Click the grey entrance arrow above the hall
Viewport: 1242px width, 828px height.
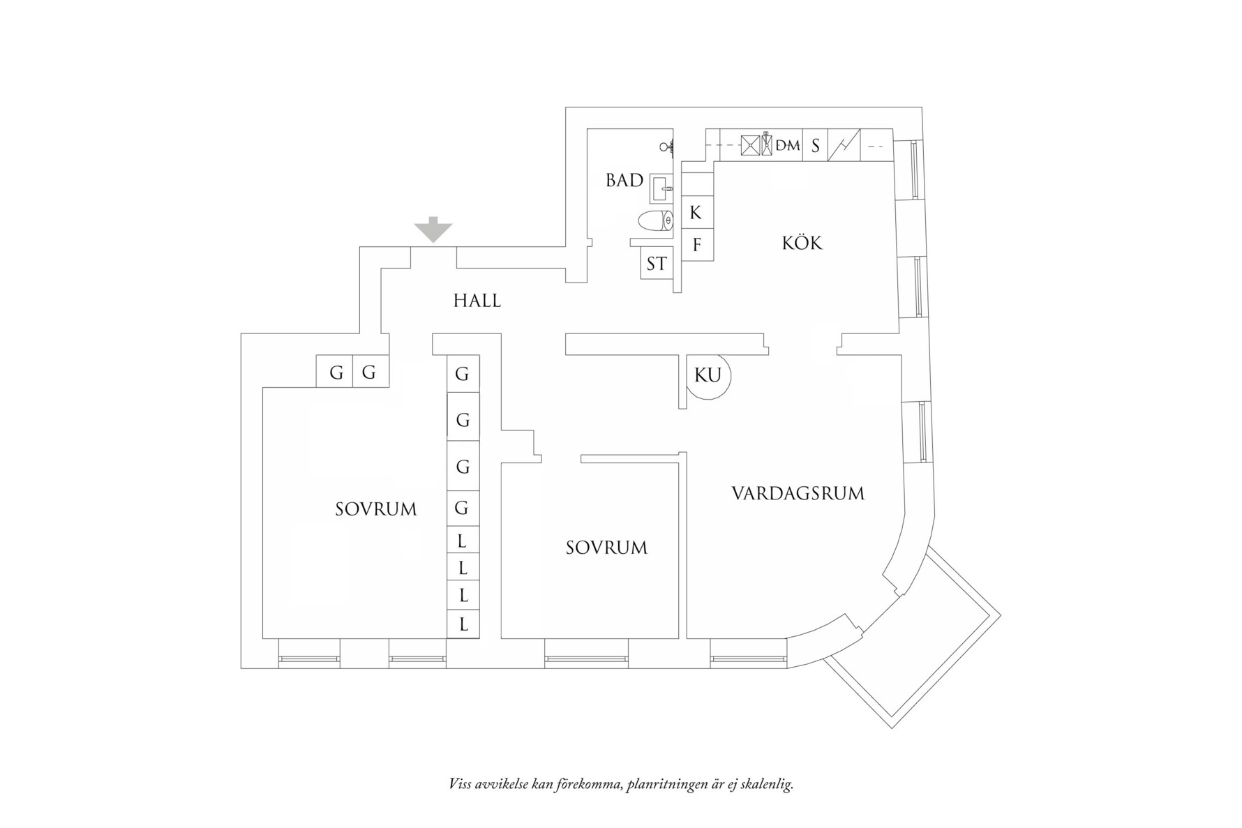tap(433, 229)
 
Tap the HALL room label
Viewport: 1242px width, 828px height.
tap(477, 301)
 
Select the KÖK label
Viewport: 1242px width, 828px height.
tap(802, 243)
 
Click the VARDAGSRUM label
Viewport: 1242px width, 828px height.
tap(798, 494)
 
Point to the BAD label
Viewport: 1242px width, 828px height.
tap(624, 181)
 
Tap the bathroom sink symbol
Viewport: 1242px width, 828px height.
tap(662, 188)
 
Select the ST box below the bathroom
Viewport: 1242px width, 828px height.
tap(656, 264)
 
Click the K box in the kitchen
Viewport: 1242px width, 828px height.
tap(696, 213)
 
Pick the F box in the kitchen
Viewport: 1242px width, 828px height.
tap(696, 245)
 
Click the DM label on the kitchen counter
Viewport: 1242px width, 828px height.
tap(788, 146)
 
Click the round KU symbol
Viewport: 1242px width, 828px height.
tap(708, 375)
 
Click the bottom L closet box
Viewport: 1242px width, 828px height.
tap(463, 624)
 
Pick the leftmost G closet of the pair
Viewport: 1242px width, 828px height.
tap(336, 372)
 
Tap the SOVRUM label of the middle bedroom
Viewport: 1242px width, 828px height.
tap(606, 548)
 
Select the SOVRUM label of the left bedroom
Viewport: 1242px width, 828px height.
tap(375, 509)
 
